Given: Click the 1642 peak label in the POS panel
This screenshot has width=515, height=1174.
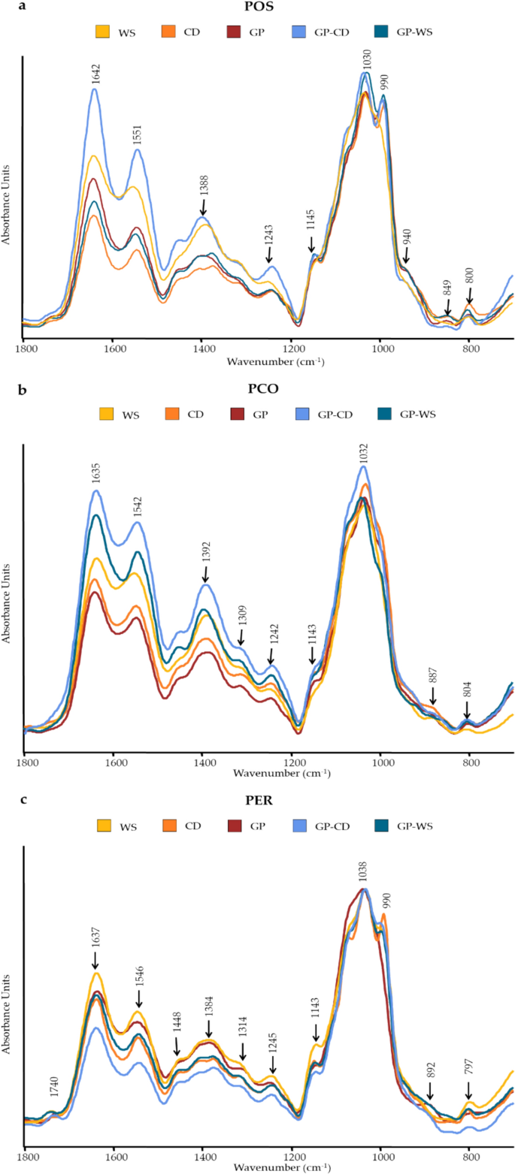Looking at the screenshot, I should coord(95,73).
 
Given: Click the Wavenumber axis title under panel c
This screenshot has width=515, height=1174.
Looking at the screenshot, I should coord(268,1167).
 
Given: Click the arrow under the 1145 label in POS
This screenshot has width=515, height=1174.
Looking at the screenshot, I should coord(312,244).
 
